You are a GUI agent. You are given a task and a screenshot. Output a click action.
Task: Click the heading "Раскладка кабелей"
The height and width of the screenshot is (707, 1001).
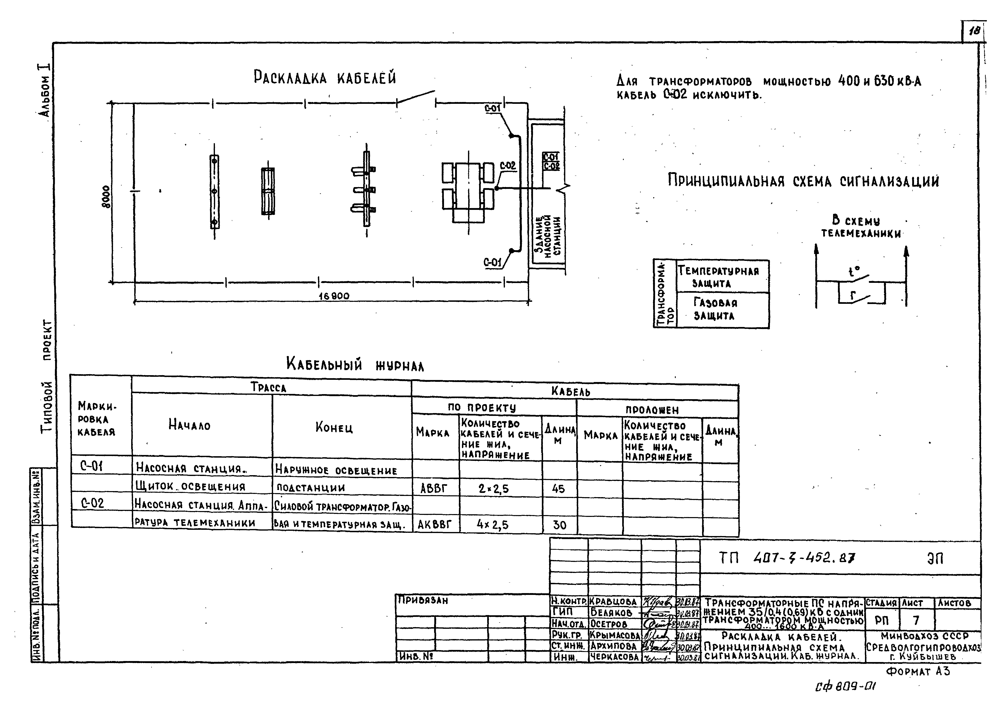[325, 78]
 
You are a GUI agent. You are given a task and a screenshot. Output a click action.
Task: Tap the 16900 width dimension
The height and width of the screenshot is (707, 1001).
[334, 296]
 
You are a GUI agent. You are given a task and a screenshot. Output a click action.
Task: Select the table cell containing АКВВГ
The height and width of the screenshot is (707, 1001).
[435, 525]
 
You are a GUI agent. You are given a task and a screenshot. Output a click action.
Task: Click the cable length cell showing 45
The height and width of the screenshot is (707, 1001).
[558, 489]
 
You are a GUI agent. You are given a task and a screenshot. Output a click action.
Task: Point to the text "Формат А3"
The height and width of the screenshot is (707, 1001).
[918, 671]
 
